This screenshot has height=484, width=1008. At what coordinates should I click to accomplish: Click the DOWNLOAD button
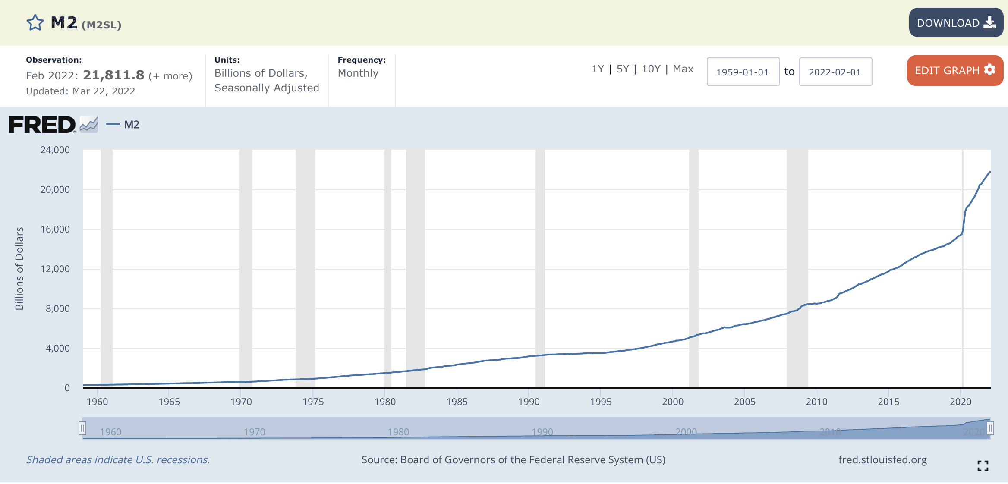coord(956,22)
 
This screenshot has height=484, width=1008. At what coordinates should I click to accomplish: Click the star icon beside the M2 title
coord(35,23)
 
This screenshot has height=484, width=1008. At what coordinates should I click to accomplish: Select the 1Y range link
coord(598,69)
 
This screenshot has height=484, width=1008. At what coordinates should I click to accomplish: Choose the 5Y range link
coord(623,69)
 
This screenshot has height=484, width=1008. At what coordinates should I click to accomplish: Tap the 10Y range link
coord(651,69)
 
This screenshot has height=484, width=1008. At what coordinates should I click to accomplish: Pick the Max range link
coord(683,69)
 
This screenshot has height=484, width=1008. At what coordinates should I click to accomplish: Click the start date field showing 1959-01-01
coord(743,72)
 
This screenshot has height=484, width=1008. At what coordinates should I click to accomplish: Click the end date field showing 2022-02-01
coord(835,72)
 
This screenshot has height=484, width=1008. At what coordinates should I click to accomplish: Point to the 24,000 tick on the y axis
coord(55,150)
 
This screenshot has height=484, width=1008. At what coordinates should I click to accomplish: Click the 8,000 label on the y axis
coord(58,309)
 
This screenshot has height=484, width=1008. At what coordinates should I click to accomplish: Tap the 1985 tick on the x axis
coord(457,402)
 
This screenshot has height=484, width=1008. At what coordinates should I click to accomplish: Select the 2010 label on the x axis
coord(816,402)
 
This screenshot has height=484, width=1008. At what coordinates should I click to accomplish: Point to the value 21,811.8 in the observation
coord(113,75)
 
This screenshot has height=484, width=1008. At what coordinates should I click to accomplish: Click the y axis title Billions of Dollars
coord(19,268)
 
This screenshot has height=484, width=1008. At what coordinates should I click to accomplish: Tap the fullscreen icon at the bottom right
coord(983,466)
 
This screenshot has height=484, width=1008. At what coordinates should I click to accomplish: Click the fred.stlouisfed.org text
coord(882,460)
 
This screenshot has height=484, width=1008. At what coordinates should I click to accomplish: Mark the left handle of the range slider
coord(82,428)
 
